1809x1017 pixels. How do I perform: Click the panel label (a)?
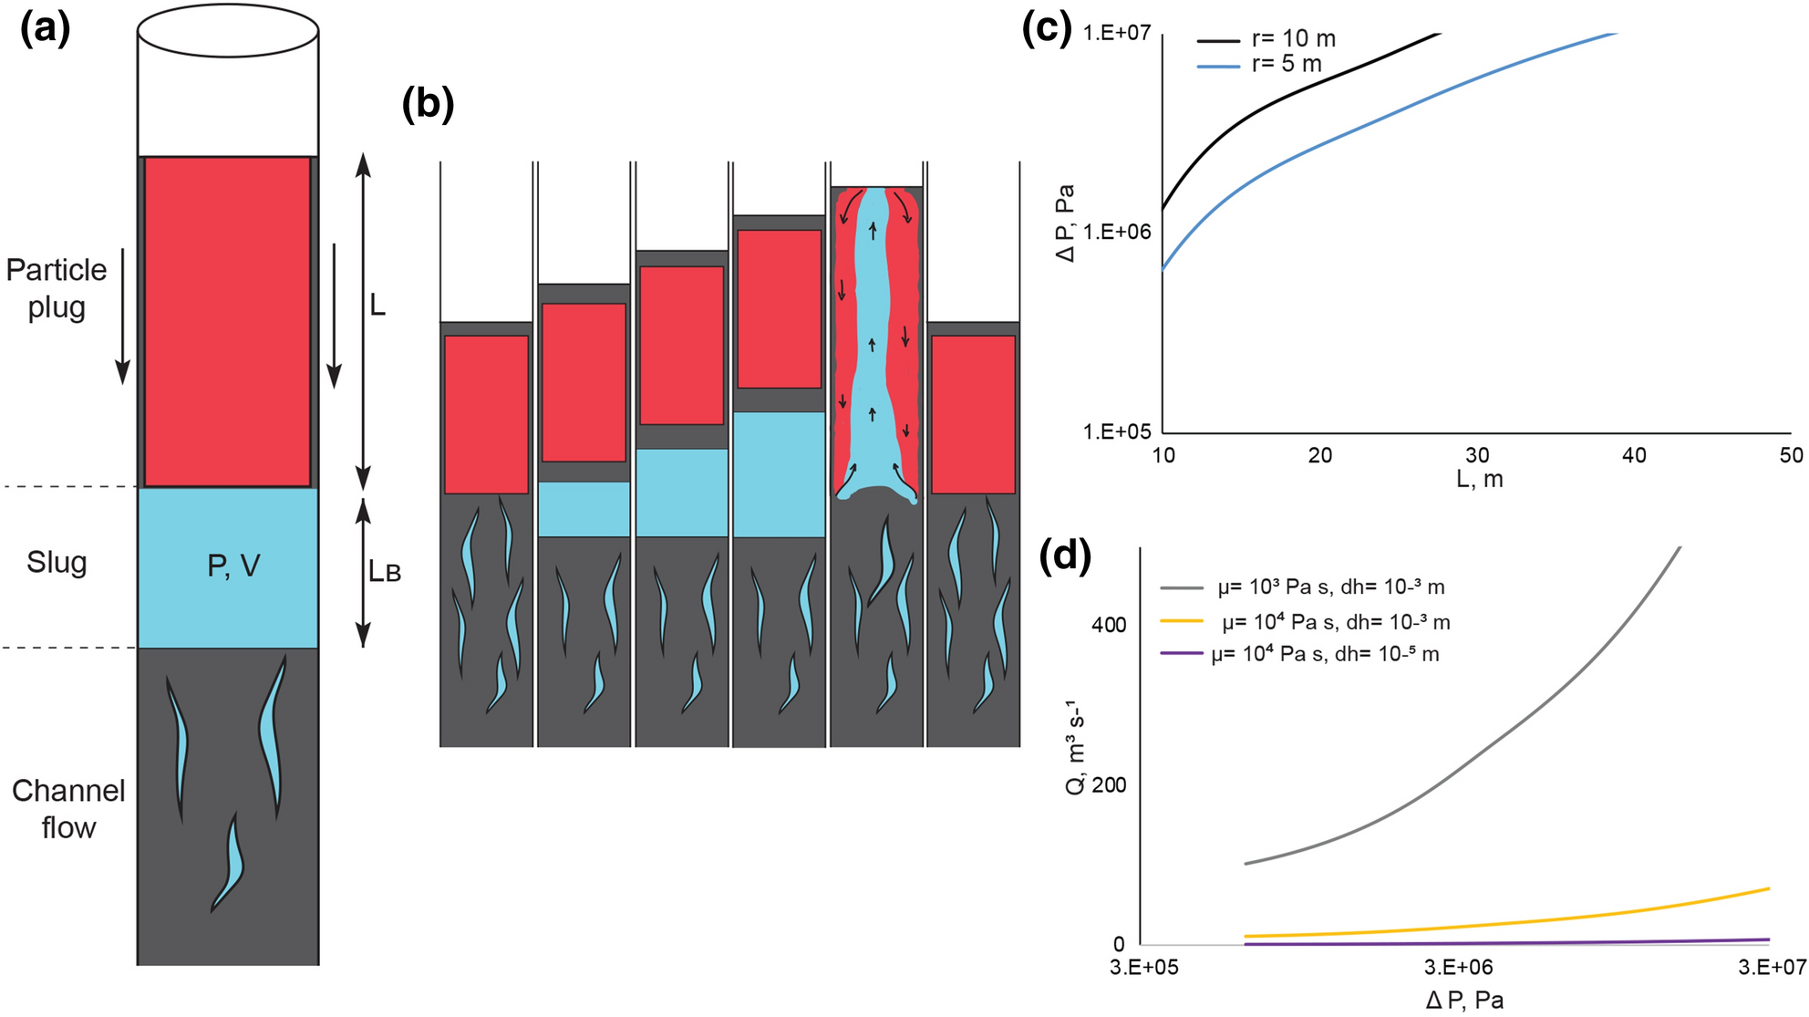(x=45, y=29)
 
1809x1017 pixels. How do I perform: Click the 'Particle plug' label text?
(x=56, y=288)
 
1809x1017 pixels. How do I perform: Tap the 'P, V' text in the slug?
(x=233, y=566)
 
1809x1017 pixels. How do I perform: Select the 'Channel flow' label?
(x=68, y=809)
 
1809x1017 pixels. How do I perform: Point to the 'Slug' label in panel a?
(x=57, y=562)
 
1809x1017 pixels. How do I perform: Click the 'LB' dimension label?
(x=384, y=572)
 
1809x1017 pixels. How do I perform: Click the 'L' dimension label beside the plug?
(x=377, y=306)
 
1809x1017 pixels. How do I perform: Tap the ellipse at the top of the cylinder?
(x=228, y=31)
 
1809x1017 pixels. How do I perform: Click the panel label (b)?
(x=428, y=105)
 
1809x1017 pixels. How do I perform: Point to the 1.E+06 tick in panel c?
(x=1117, y=232)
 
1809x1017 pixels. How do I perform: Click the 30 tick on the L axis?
(x=1477, y=454)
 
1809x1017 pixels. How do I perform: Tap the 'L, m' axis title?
(x=1479, y=479)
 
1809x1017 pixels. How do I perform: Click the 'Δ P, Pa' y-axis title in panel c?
(x=1065, y=223)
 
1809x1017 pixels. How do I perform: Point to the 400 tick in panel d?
(x=1109, y=625)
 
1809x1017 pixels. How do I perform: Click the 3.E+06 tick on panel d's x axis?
(x=1459, y=967)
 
